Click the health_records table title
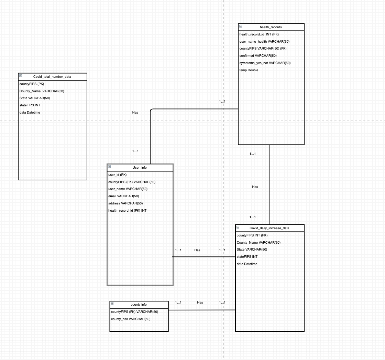271,27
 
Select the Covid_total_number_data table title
52,77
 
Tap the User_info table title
140,168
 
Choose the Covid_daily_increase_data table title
269,228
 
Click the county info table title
139,305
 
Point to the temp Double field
249,70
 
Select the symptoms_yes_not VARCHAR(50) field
265,63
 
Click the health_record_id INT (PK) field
259,34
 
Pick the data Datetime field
30,113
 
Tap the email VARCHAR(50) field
124,196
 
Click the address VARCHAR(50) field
125,203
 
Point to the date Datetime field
247,264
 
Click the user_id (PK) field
118,175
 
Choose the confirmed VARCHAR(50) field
258,56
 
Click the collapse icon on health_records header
241,26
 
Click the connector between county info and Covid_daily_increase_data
202,310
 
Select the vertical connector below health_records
270,184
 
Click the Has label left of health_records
135,113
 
